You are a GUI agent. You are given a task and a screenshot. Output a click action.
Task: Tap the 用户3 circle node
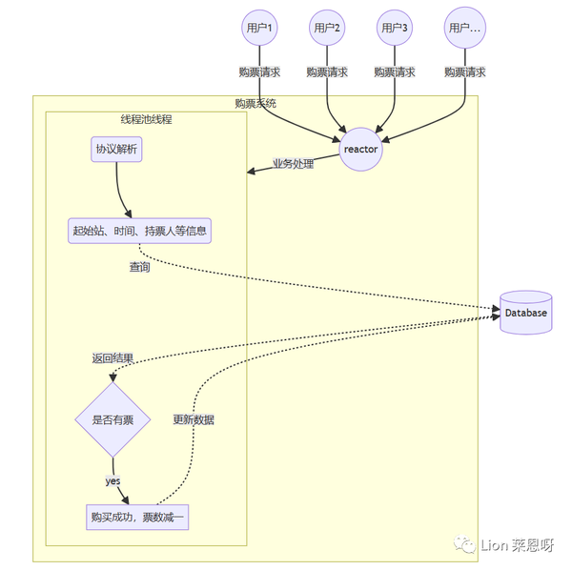tap(395, 29)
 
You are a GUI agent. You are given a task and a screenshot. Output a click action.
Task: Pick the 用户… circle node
tap(464, 29)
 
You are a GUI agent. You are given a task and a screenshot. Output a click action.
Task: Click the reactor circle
tap(360, 149)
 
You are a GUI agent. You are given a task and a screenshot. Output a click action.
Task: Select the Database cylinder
tap(525, 313)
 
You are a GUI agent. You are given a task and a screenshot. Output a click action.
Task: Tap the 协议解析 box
tap(116, 151)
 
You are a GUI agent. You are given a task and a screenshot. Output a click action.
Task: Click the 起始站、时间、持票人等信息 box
tap(139, 230)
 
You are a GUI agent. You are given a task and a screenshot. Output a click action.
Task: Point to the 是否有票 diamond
tap(113, 419)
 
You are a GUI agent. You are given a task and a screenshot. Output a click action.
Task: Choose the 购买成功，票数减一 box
tap(139, 517)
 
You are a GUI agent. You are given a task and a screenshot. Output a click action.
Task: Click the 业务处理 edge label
tap(293, 163)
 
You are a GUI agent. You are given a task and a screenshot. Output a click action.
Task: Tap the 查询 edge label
tap(139, 267)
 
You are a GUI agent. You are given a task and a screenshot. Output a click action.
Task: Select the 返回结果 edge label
tap(112, 358)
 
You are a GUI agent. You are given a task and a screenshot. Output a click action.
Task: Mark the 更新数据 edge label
tap(194, 419)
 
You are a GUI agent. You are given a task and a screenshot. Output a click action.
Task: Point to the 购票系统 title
tap(256, 103)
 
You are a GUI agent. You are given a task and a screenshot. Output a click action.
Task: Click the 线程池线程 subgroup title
tap(146, 119)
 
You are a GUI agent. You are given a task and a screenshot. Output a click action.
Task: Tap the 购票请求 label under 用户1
tap(259, 71)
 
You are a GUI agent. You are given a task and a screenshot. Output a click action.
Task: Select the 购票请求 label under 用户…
tap(464, 71)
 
